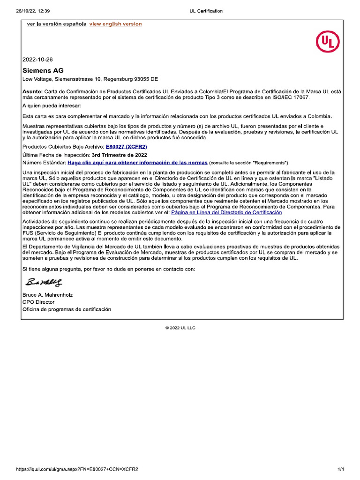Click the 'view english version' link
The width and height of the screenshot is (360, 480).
(x=115, y=24)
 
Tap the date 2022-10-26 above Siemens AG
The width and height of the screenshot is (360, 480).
(x=38, y=60)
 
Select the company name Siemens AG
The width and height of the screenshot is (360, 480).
(x=43, y=70)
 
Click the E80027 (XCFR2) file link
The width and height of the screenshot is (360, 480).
(x=127, y=147)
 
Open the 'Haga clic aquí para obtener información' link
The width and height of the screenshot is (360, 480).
(x=137, y=163)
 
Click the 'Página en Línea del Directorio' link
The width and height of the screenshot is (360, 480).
(x=227, y=212)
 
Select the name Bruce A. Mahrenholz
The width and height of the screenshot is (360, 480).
(x=48, y=295)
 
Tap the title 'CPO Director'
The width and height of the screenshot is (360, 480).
(x=38, y=302)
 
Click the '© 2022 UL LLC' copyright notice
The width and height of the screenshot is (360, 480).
(x=180, y=328)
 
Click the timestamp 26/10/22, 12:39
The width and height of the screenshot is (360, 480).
(x=27, y=11)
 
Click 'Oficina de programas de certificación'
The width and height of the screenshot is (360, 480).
(x=67, y=309)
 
